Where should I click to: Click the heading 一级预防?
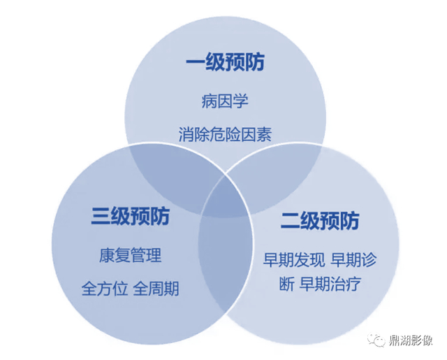(225, 63)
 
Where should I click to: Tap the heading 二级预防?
(320, 222)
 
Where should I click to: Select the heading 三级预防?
(130, 216)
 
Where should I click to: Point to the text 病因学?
(224, 101)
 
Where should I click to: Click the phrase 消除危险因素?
(225, 134)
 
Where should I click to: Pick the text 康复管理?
(130, 255)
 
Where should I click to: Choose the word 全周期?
(156, 288)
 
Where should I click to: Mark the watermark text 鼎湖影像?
(412, 341)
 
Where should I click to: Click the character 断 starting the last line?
(285, 285)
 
